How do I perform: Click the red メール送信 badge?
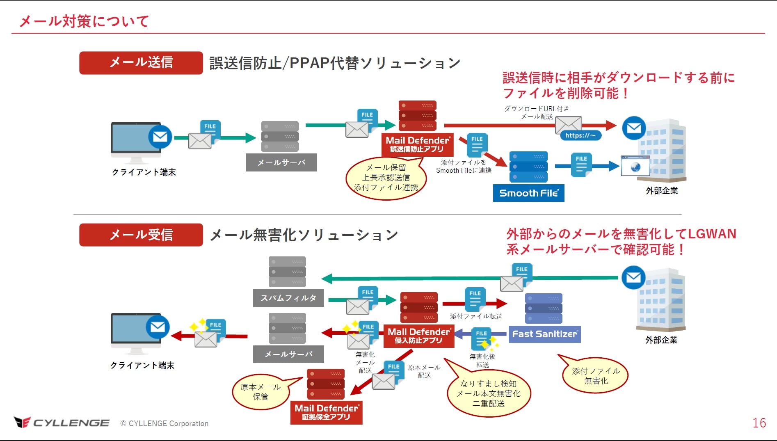pos(141,63)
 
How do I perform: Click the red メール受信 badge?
pos(141,235)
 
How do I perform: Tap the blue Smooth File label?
pos(528,193)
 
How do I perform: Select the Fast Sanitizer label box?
pos(544,334)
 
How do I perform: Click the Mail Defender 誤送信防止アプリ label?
pos(417,144)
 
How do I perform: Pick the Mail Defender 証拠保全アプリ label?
pos(326,412)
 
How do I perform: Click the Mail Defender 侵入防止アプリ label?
pos(418,336)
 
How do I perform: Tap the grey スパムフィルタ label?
pos(288,298)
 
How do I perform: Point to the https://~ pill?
pos(580,135)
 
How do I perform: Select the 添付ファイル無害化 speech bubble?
pos(596,375)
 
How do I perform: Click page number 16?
pos(759,423)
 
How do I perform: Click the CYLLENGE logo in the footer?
pos(62,423)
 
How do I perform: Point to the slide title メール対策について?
pos(84,21)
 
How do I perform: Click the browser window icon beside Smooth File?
pos(635,166)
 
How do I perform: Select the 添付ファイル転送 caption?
pos(476,316)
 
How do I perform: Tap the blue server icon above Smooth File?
pos(528,167)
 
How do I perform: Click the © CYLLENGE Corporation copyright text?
pos(165,423)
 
